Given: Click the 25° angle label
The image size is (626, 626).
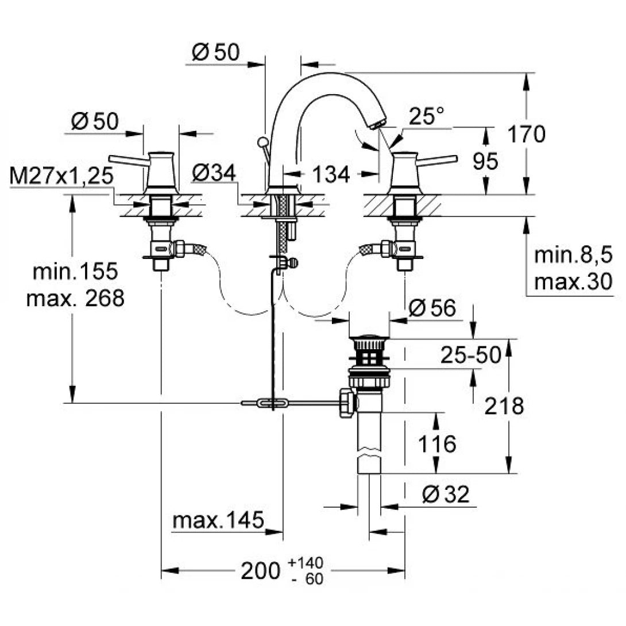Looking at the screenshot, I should click(x=427, y=117).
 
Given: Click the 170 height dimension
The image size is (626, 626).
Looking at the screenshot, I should click(x=525, y=134).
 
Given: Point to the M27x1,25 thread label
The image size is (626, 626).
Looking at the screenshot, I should click(x=61, y=176).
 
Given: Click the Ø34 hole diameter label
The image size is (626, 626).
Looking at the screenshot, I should click(x=213, y=173).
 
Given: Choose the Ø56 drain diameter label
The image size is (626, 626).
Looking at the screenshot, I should click(x=431, y=309).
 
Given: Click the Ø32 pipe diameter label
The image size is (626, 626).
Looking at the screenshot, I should click(x=445, y=494).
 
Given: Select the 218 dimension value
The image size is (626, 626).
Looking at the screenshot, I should click(x=504, y=407).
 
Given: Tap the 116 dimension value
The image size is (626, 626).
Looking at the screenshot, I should click(x=437, y=443).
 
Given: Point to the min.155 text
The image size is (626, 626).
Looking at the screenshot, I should click(x=75, y=271).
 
